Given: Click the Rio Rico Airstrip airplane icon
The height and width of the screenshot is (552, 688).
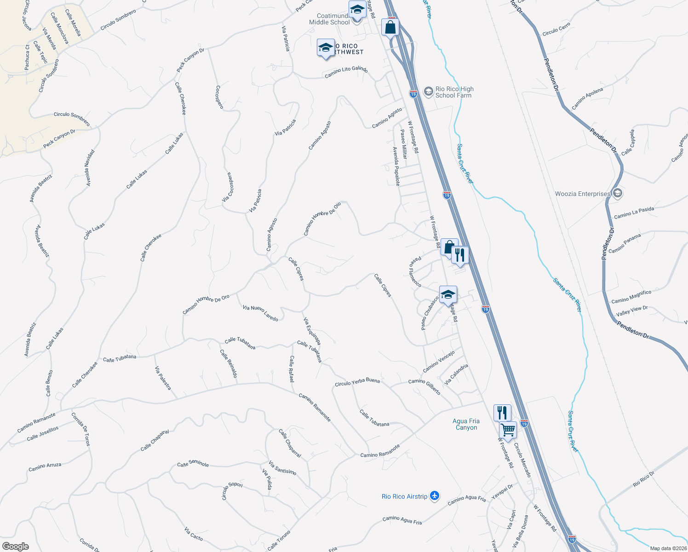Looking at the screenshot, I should tap(435, 496).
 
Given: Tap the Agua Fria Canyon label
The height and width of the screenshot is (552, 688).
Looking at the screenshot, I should tap(466, 424).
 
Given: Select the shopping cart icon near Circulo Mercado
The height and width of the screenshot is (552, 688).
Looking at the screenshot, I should tap(508, 430).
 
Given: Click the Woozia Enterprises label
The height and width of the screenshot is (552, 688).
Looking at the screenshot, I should tap(582, 194).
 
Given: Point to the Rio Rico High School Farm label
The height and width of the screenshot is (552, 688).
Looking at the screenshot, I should tap(454, 92).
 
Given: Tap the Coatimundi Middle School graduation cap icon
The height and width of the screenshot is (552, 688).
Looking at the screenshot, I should tap(357, 9).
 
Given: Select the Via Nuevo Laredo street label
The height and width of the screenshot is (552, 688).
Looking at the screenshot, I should tap(260, 313).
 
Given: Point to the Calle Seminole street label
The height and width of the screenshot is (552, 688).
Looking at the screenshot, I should tap(193, 464).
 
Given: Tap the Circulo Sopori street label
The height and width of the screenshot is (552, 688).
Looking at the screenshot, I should tap(232, 491).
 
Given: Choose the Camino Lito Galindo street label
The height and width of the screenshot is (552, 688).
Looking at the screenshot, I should tap(346, 72).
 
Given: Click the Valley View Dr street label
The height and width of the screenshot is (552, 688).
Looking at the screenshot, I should tap(631, 310).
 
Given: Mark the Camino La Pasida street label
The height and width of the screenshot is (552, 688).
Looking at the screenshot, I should tap(634, 213).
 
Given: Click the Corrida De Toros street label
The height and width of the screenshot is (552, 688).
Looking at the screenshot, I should tap(81, 429).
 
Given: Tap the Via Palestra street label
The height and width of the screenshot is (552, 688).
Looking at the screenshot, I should tap(163, 378).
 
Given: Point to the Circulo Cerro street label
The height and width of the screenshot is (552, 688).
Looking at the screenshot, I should tap(556, 29).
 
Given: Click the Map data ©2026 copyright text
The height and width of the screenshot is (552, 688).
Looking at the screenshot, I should tap(668, 548).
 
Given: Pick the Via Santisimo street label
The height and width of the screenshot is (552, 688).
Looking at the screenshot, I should tap(282, 468).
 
